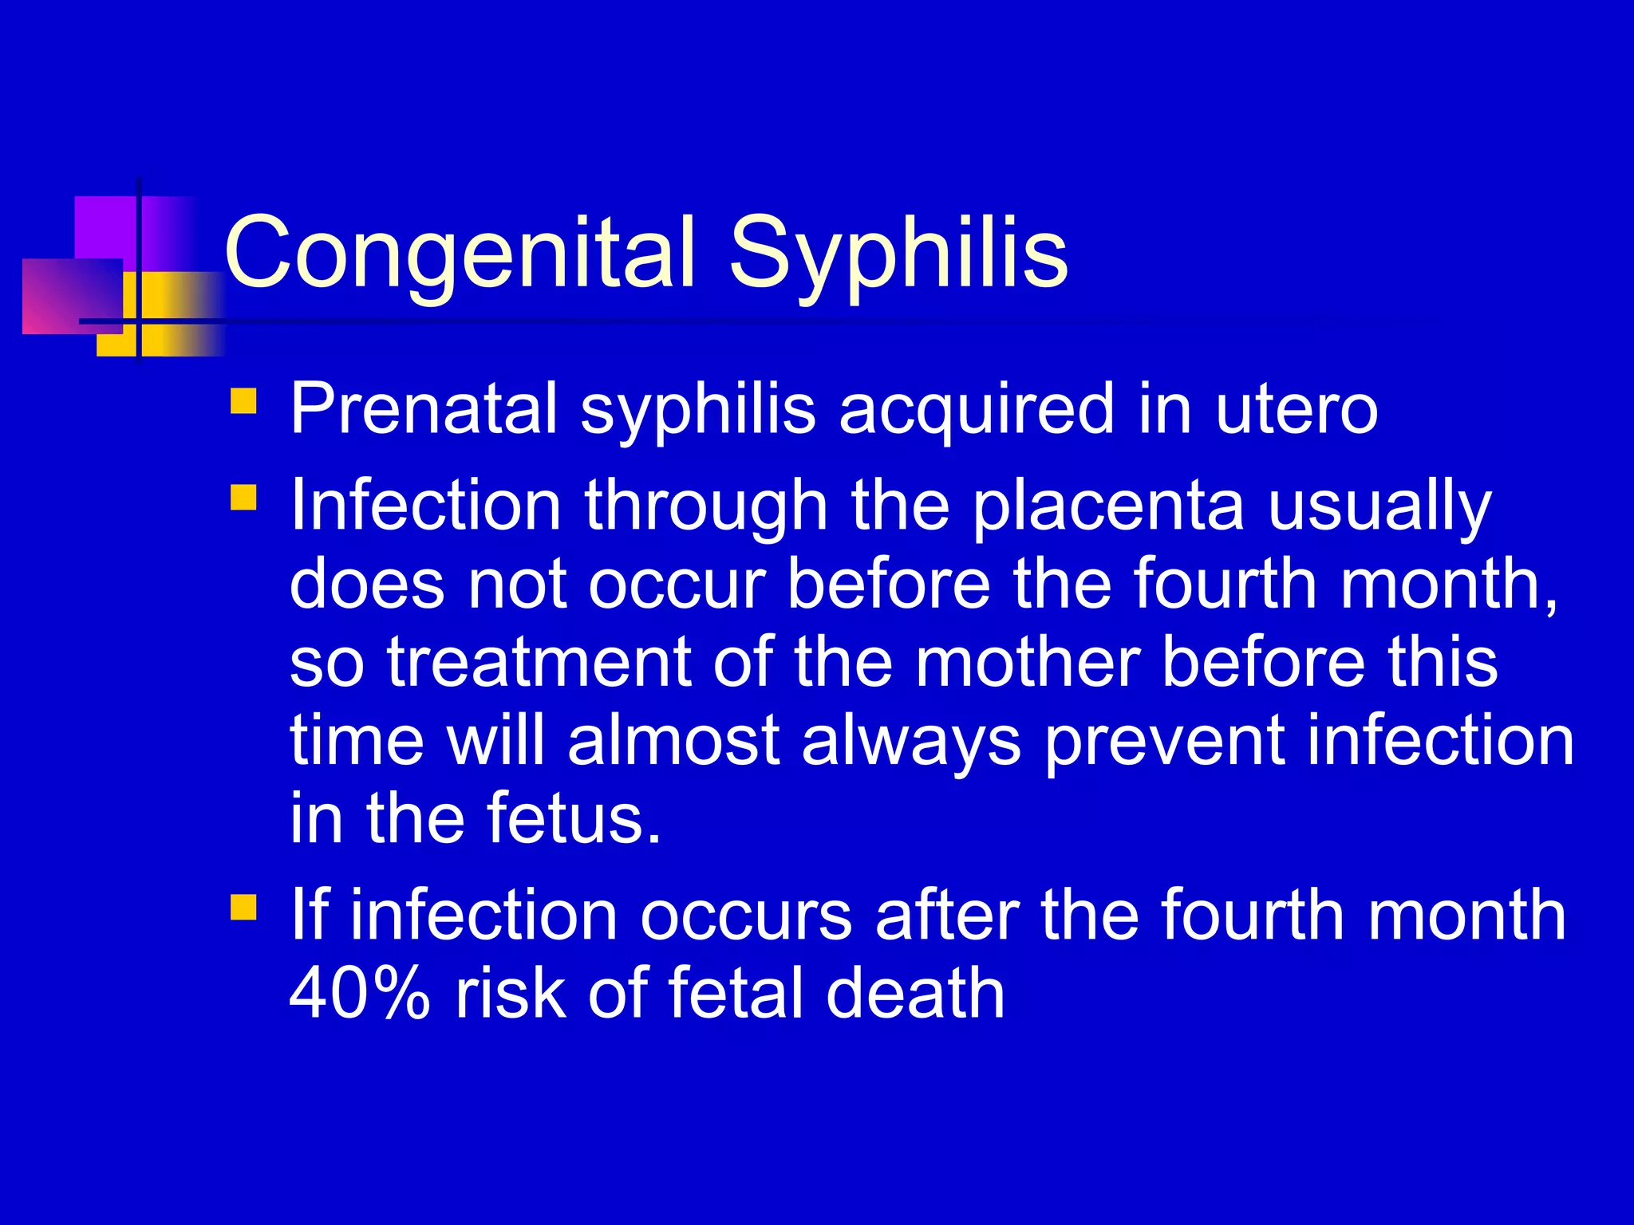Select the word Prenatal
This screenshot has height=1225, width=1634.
pos(423,408)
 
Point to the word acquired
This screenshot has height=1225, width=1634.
pos(976,410)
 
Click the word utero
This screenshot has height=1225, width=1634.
pos(1297,410)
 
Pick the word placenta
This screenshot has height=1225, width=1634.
pos(1108,506)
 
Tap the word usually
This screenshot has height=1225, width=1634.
pos(1379,506)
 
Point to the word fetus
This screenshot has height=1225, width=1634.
pos(574,818)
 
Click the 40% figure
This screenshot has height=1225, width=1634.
pos(359,993)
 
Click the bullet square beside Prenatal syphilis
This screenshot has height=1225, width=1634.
pos(243,400)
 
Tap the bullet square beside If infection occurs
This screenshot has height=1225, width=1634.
pos(243,907)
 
